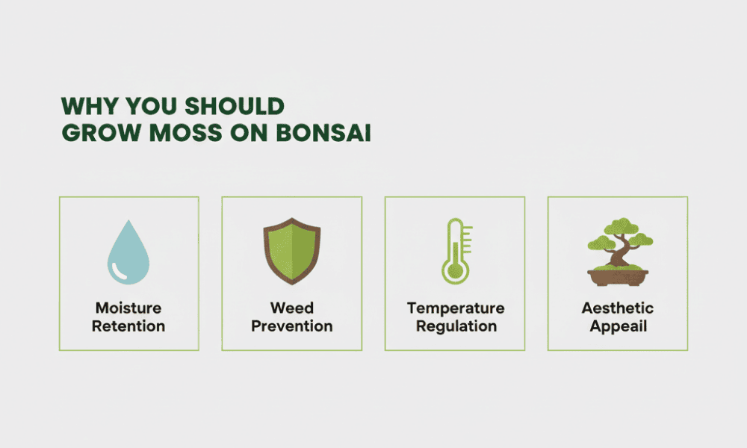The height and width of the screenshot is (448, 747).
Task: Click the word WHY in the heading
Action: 90,106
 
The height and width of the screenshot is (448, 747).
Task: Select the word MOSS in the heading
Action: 186,133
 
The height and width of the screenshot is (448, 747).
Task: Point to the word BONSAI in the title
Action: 323,133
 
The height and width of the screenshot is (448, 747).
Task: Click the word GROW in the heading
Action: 102,133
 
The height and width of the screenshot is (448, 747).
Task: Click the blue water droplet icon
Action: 128,252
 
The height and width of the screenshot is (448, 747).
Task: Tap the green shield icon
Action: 292,251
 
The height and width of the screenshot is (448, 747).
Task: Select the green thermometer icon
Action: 456,252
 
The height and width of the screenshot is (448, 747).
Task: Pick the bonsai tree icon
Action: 619,252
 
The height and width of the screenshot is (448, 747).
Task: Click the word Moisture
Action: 128,308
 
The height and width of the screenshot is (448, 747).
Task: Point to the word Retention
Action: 128,326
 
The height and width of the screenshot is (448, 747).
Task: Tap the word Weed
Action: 292,308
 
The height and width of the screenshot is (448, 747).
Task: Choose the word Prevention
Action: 292,326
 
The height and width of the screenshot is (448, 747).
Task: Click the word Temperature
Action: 456,309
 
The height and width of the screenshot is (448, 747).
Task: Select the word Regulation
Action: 456,327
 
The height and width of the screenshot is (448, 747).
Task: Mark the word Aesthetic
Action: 618,308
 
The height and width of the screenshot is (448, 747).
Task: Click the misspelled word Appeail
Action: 619,327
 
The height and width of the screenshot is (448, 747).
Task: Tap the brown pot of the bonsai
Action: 618,278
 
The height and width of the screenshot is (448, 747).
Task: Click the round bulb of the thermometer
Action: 456,271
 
